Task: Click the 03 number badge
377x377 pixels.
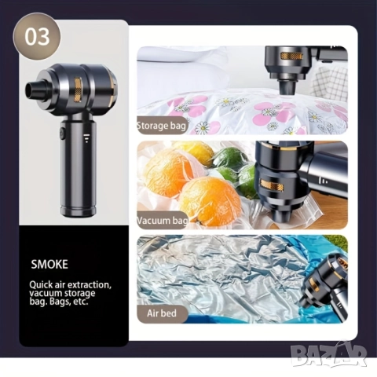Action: tap(37, 37)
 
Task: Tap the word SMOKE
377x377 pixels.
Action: tap(49, 265)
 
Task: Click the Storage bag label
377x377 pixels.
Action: tap(162, 126)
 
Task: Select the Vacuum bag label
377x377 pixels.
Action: tap(163, 221)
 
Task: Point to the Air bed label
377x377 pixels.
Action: tap(162, 313)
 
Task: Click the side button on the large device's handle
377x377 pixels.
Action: tap(62, 133)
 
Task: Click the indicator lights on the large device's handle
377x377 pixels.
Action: tap(86, 138)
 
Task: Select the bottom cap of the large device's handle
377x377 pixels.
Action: tap(79, 211)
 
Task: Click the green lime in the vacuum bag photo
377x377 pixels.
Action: tap(230, 157)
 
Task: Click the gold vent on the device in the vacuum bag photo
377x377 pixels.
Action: tap(273, 185)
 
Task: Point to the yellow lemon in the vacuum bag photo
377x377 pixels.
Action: tap(193, 152)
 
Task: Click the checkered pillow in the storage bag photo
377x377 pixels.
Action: tap(331, 82)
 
